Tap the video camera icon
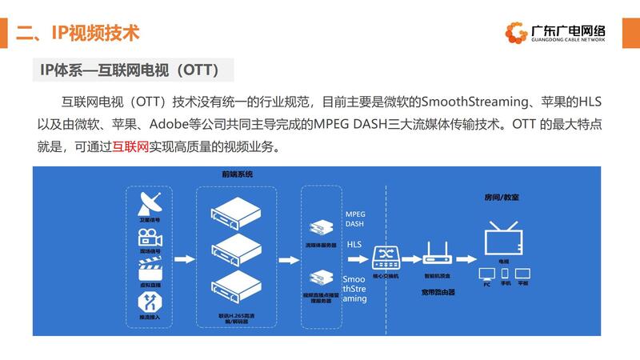click(x=150, y=237)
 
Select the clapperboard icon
click(x=150, y=270)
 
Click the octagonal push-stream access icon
click(x=150, y=302)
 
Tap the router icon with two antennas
click(x=438, y=254)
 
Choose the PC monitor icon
click(x=486, y=274)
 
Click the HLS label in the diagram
click(x=354, y=244)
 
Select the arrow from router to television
click(x=466, y=258)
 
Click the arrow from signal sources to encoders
click(x=183, y=258)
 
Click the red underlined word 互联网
click(x=131, y=147)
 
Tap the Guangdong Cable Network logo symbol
click(x=516, y=32)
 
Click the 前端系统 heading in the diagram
click(x=238, y=174)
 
